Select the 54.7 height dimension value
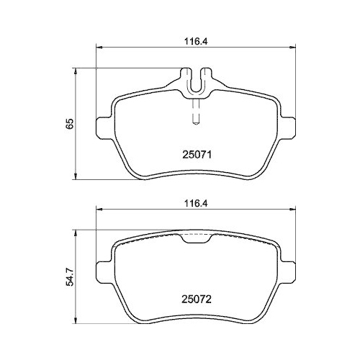click(x=70, y=277)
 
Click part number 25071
click(x=195, y=153)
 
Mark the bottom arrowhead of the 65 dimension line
click(x=77, y=178)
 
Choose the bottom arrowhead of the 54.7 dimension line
click(x=77, y=321)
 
